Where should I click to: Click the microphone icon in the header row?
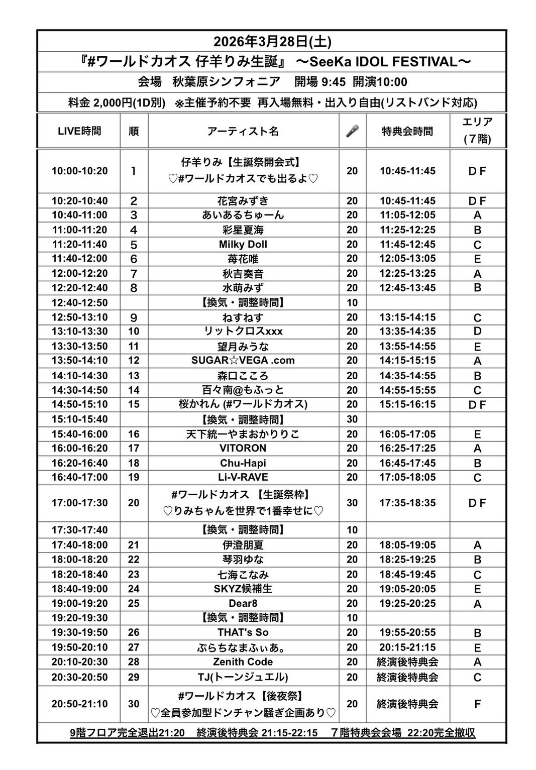coord(352,131)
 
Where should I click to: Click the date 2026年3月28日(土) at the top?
coord(272,41)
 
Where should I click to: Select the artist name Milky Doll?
coord(243,245)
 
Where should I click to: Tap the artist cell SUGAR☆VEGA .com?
coord(243,361)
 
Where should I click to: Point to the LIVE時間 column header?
coord(79,131)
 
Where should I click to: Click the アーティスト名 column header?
coord(243,131)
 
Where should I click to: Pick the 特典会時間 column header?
coord(407,131)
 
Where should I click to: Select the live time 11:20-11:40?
coord(79,245)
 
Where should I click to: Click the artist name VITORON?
coord(243,448)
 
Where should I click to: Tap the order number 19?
coord(134,477)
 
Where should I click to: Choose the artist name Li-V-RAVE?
coord(243,477)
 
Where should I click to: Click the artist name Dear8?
coord(243,603)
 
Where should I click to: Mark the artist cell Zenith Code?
coord(243,662)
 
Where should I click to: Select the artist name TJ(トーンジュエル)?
coord(243,677)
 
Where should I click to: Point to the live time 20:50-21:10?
coord(79,704)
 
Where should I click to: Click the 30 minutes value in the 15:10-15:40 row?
coord(352,419)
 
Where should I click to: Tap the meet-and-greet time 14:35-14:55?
coord(407,376)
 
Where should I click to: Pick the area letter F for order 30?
coord(477,704)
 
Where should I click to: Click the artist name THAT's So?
coord(243,632)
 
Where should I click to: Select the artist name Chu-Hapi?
coord(243,463)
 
